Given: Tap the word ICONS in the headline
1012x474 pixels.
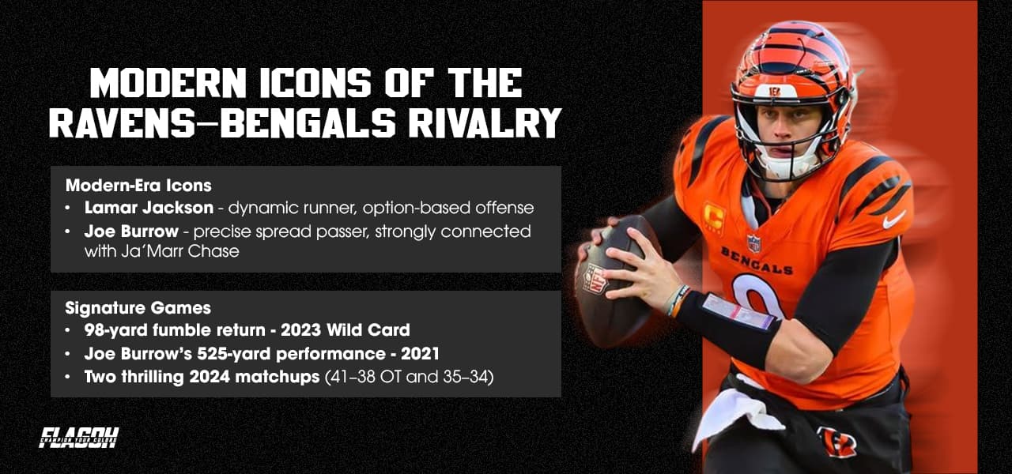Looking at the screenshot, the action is coord(315,83).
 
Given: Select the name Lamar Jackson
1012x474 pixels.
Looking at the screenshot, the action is coord(149,208).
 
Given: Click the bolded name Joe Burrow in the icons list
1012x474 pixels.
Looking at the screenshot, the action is coord(131,231).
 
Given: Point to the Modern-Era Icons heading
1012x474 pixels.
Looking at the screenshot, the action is coord(138,185).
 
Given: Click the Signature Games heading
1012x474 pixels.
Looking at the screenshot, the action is coord(138,308).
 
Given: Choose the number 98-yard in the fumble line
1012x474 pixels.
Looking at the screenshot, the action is coord(116,330).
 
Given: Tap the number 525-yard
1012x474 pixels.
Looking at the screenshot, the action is coord(234,353).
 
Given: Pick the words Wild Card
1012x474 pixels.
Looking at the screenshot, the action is coord(368,330).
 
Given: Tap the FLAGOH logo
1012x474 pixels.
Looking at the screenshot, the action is coord(78,438).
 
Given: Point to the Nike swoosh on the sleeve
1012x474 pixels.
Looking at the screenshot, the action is coord(893,220).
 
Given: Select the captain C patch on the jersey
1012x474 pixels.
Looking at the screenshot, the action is coord(714,218).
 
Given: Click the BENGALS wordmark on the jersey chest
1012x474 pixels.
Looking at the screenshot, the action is coord(757,261).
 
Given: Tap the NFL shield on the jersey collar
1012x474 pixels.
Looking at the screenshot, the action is coord(753,243).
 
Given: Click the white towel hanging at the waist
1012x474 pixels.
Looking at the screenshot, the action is coord(738,416).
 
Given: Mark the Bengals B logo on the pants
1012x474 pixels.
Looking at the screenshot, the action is coord(836,441).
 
